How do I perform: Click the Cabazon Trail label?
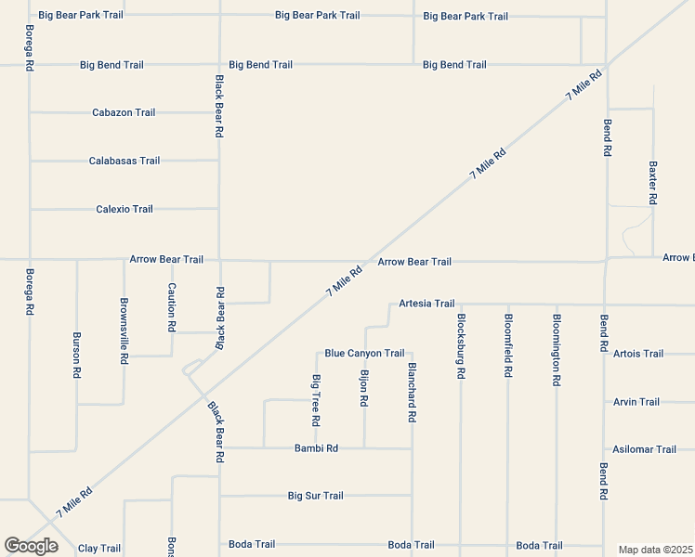[x=124, y=112]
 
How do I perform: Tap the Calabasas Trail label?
[x=125, y=161]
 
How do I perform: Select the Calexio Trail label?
[x=125, y=209]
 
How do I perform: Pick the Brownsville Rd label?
[x=124, y=331]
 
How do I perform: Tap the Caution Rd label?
[x=172, y=308]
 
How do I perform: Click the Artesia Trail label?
[x=426, y=304]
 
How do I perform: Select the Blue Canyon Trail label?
[x=364, y=353]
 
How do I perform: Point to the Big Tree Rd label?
[x=317, y=400]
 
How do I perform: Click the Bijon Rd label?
[x=364, y=388]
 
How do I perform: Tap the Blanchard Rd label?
[x=412, y=393]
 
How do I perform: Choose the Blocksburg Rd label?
[x=461, y=345]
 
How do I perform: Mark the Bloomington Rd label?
[x=557, y=349]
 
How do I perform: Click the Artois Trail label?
[x=638, y=354]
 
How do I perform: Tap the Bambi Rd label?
[x=316, y=448]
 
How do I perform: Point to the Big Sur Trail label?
[x=316, y=496]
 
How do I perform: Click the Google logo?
[x=31, y=546]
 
